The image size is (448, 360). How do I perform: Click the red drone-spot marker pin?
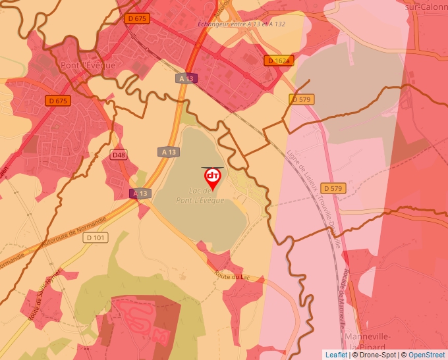point(212,178)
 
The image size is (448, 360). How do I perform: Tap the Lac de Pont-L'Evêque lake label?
point(200,195)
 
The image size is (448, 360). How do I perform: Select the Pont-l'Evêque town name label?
point(87,65)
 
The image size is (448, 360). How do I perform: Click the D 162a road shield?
point(277,61)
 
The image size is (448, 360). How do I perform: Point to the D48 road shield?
point(119,155)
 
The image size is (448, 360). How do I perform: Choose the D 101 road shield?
point(95,238)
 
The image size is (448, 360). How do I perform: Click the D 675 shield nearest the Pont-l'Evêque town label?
point(58,101)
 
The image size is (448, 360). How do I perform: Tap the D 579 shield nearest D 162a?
point(302,99)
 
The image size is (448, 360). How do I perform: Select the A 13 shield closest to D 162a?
point(186,78)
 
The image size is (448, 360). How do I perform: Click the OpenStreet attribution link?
point(426,355)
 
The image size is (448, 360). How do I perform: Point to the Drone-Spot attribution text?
point(377,355)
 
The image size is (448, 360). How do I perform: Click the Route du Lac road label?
point(234,277)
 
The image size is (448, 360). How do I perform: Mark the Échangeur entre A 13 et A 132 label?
point(241,24)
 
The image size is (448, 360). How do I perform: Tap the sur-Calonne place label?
point(426,6)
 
